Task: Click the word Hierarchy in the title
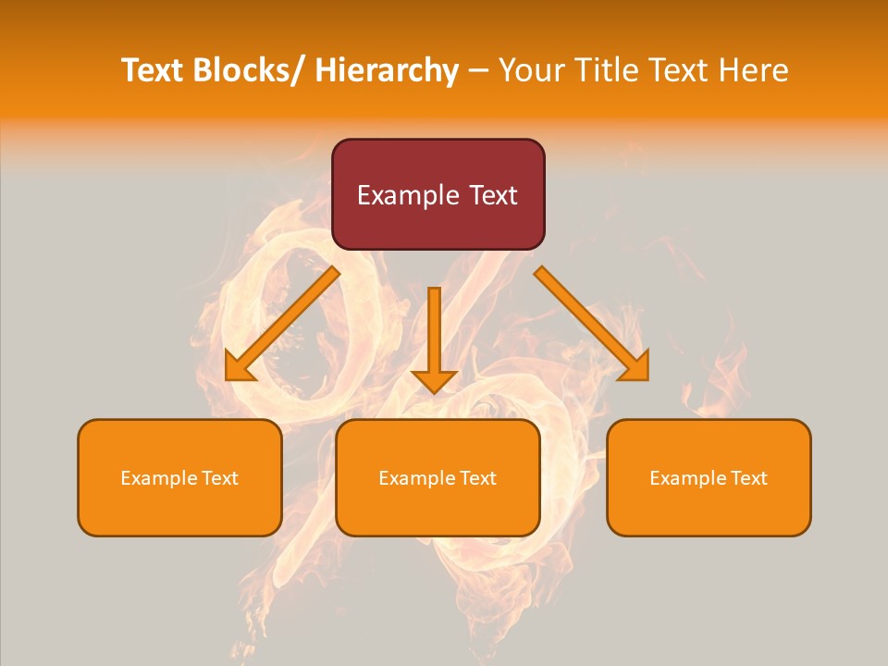(387, 70)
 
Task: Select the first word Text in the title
(153, 70)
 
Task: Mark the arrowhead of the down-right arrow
(636, 368)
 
